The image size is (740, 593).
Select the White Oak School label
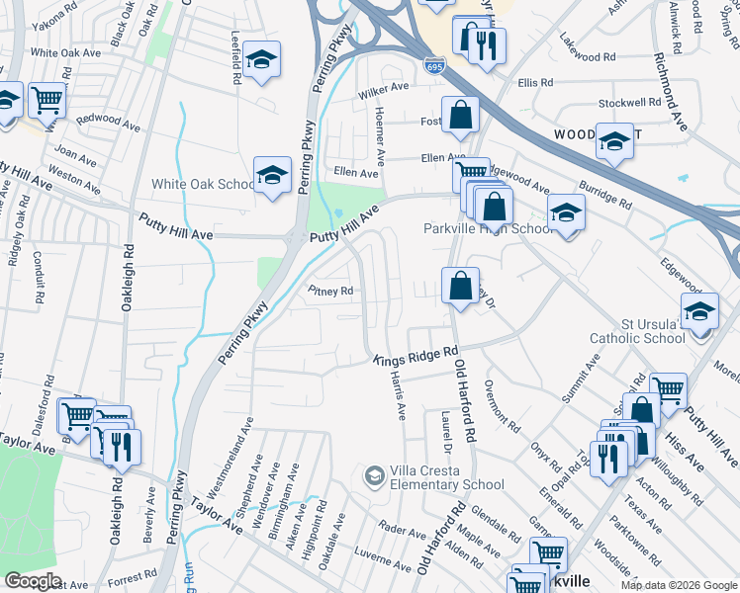pyautogui.click(x=204, y=184)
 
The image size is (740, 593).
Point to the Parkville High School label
pyautogui.click(x=488, y=228)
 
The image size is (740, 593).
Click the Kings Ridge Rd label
pyautogui.click(x=416, y=357)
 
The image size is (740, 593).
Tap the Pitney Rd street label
pyautogui.click(x=330, y=292)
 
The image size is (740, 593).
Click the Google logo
pyautogui.click(x=33, y=581)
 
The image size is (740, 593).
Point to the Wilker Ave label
pyautogui.click(x=384, y=89)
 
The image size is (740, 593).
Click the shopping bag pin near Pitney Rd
pyautogui.click(x=460, y=287)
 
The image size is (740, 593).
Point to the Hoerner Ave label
pyautogui.click(x=379, y=138)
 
